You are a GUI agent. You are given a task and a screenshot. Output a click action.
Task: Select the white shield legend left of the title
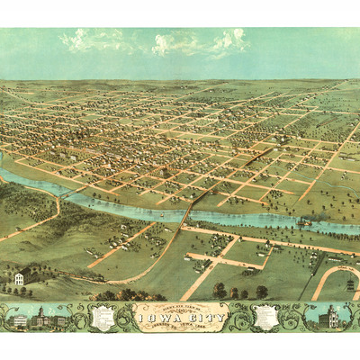point(105,317)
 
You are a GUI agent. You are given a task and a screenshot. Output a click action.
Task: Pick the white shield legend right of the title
point(267,317)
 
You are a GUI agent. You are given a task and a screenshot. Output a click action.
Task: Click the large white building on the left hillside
point(19,279)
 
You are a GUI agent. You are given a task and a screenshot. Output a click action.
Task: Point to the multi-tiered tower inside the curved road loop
point(351,283)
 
